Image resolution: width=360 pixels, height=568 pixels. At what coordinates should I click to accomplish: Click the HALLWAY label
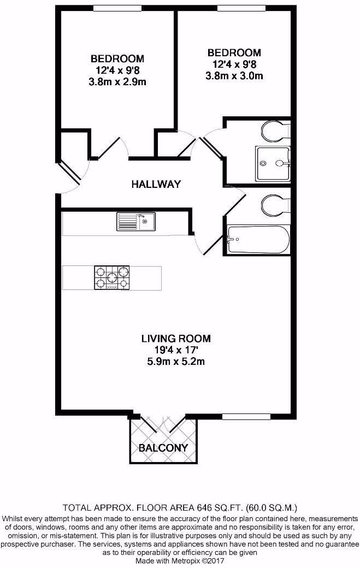(156, 185)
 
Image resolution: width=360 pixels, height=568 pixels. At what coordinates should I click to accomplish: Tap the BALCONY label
(163, 448)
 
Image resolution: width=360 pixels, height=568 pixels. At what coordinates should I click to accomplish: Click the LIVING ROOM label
(176, 339)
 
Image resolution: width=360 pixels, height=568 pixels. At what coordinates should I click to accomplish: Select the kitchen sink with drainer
(136, 222)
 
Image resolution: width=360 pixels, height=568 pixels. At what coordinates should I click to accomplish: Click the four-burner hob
(112, 278)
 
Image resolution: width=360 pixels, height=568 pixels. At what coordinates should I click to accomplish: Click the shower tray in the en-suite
(273, 164)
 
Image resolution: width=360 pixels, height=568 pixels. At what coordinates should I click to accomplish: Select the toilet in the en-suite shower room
(275, 131)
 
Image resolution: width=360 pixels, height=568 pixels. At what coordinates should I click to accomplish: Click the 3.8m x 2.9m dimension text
(117, 82)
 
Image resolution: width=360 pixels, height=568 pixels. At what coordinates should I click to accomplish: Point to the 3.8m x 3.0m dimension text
(234, 76)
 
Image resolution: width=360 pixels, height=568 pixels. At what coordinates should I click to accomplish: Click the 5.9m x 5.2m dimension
(176, 362)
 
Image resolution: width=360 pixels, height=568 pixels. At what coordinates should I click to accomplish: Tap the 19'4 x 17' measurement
(176, 350)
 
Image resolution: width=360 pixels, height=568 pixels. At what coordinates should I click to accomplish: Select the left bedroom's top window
(117, 8)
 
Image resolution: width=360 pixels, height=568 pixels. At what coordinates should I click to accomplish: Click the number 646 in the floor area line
(204, 507)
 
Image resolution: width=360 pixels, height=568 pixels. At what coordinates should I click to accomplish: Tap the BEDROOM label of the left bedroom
(117, 58)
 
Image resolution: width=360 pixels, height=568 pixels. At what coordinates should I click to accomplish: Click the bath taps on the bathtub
(232, 239)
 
